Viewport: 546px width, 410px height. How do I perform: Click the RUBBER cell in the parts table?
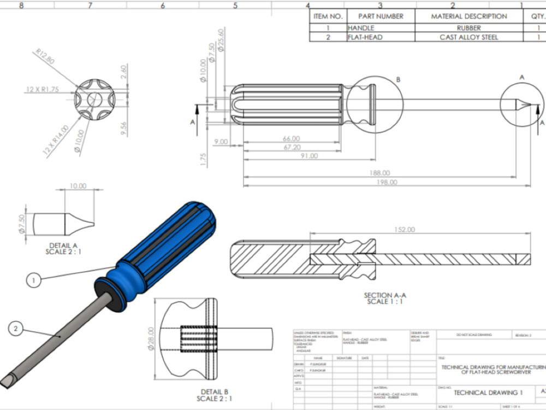click(x=469, y=28)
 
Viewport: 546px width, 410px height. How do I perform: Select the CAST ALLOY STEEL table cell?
click(x=469, y=37)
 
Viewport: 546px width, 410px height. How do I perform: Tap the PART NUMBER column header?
click(x=381, y=16)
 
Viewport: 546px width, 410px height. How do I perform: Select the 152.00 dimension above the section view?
click(x=404, y=230)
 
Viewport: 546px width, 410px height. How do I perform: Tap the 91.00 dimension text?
click(x=308, y=156)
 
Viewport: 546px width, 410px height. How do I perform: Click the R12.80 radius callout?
click(x=45, y=57)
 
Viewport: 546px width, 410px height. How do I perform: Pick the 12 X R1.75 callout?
click(x=42, y=88)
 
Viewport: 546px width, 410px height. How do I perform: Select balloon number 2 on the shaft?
click(x=16, y=329)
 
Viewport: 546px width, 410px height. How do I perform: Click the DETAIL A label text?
click(x=63, y=245)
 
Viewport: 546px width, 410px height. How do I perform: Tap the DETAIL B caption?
click(x=214, y=391)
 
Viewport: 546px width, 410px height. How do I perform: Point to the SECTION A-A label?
click(x=385, y=295)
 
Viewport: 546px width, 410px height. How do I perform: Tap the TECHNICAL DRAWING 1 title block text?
click(x=488, y=392)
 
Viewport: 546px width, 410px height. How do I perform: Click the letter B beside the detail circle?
click(x=398, y=80)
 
